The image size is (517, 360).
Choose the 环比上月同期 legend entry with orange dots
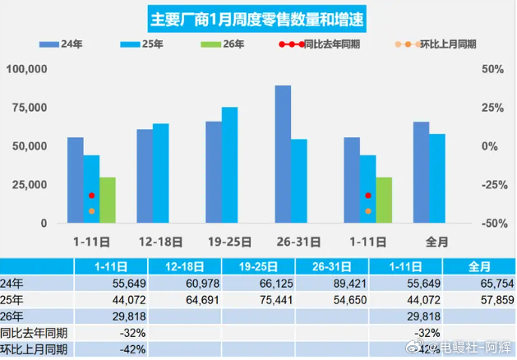pyautogui.click(x=436, y=44)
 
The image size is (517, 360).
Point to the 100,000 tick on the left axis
pyautogui.click(x=27, y=69)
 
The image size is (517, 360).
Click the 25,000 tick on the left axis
pyautogui.click(x=30, y=185)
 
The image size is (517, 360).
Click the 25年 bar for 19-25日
pyautogui.click(x=229, y=164)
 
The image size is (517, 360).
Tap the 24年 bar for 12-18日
pyautogui.click(x=145, y=176)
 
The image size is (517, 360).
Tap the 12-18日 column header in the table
pyautogui.click(x=182, y=266)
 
